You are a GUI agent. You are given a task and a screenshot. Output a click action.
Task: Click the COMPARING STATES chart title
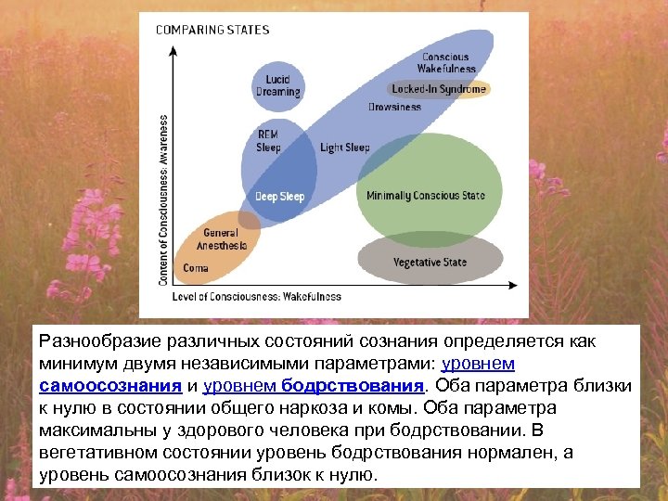point(212,30)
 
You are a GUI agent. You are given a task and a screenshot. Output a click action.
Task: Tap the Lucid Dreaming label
point(277,85)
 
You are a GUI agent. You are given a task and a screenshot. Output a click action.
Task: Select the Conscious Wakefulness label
point(445,63)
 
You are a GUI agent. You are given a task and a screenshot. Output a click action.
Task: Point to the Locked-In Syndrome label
point(438,90)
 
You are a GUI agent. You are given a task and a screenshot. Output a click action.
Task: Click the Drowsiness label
point(394,107)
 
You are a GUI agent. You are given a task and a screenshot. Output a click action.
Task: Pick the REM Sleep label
point(268,141)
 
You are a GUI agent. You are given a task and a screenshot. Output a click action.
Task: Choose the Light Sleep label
point(344,148)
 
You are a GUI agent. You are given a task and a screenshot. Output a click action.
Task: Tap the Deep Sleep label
point(279,197)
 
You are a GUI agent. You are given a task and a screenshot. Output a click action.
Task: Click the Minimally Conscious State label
point(426,196)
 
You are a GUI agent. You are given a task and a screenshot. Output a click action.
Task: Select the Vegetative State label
point(430,263)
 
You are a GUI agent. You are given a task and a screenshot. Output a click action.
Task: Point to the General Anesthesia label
point(222,239)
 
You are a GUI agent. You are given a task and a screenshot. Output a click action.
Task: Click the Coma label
point(196,268)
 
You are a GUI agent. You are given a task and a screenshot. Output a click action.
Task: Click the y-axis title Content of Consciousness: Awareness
point(163,199)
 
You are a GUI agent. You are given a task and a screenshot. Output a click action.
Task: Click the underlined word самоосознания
point(109,385)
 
